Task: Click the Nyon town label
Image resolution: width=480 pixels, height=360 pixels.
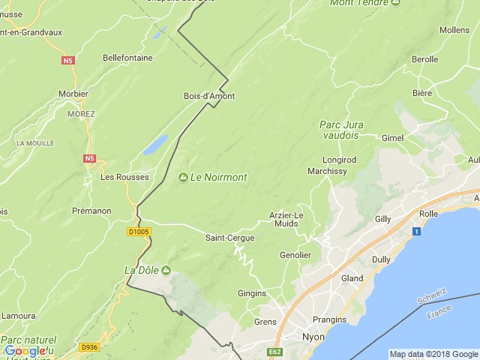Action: (313, 337)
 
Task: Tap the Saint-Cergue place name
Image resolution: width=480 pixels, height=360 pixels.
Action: (229, 238)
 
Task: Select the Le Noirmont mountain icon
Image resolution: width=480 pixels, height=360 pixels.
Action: (183, 177)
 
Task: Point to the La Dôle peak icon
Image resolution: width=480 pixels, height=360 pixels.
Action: (166, 269)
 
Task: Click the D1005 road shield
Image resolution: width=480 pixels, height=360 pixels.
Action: (139, 232)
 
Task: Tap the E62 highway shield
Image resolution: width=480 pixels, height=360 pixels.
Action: (273, 350)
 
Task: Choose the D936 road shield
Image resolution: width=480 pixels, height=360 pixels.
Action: (89, 346)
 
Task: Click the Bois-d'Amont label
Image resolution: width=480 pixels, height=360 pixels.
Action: (209, 96)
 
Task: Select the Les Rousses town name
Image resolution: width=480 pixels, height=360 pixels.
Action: (124, 177)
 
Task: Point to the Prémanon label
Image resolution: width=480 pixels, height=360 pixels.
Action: (91, 211)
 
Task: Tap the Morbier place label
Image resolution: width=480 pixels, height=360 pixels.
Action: (73, 94)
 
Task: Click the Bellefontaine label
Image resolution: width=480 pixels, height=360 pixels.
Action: (127, 57)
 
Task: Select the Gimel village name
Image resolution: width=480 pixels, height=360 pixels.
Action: (392, 138)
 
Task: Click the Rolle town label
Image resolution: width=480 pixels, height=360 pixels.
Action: (428, 214)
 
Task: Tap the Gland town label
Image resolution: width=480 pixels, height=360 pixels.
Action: (352, 278)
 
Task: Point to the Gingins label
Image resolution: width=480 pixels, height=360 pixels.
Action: (252, 292)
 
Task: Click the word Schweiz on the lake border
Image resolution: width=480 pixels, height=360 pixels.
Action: (432, 294)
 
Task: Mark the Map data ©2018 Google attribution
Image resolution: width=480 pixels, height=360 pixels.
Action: (433, 354)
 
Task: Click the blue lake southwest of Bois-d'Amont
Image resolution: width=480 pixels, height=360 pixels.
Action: (155, 145)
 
